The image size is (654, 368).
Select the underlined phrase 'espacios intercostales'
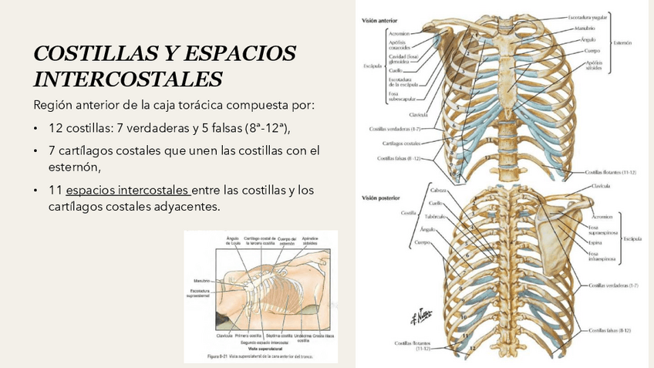point(127,190)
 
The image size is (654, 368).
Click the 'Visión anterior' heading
point(379,22)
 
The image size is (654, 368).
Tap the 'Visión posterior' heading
point(380,198)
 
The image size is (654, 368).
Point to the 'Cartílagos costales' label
point(401,143)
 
